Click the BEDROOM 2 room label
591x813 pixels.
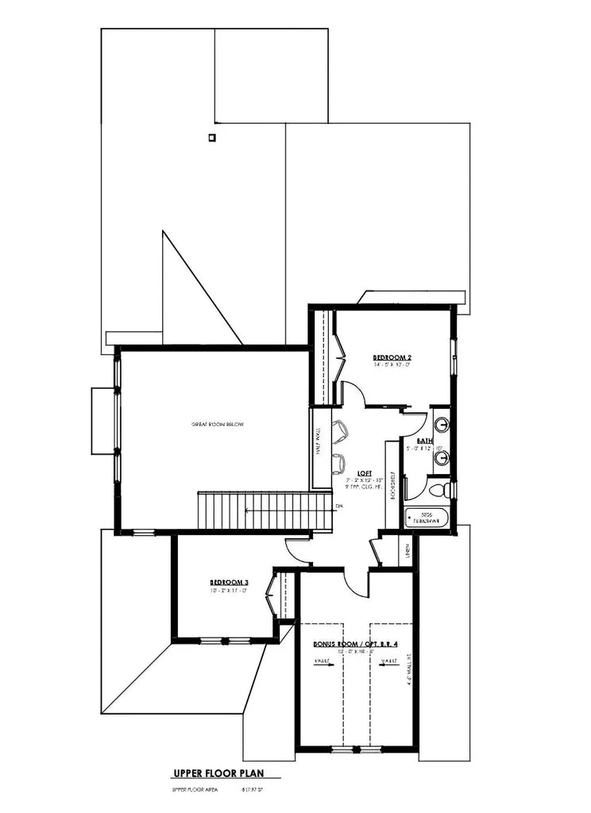(x=392, y=358)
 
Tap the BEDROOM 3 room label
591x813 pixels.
(x=230, y=580)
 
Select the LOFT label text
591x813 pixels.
(x=364, y=472)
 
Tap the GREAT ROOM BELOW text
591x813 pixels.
(x=217, y=424)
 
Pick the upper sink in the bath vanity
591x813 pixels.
(x=442, y=424)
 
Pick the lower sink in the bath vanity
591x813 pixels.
(x=442, y=457)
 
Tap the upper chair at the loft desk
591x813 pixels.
(x=340, y=430)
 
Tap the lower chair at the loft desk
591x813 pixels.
(x=339, y=463)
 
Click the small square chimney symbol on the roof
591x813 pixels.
(x=211, y=137)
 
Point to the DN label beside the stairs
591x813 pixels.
(x=339, y=505)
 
